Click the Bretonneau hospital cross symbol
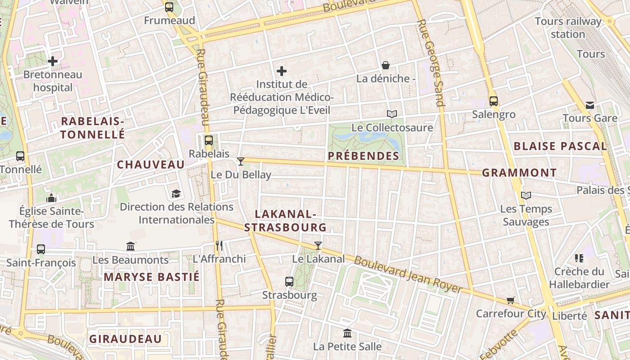[x=53, y=61]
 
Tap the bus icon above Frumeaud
[x=169, y=7]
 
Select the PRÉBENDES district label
[x=364, y=156]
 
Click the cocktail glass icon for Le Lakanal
[x=318, y=245]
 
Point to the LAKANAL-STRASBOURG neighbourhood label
[x=285, y=220]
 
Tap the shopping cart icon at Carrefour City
[x=511, y=300]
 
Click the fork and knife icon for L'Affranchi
[x=219, y=245]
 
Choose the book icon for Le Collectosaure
[x=392, y=114]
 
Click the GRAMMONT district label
[x=519, y=173]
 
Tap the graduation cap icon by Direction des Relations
[x=176, y=194]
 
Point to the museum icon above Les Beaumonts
[x=130, y=246]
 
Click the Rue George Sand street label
[x=431, y=63]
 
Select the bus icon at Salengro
[x=494, y=101]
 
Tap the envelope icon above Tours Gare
[x=589, y=105]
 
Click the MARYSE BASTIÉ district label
[x=152, y=277]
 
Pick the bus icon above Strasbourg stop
[x=289, y=282]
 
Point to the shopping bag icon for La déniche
[x=386, y=65]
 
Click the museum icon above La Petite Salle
[x=347, y=333]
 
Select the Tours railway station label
[x=568, y=27]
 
